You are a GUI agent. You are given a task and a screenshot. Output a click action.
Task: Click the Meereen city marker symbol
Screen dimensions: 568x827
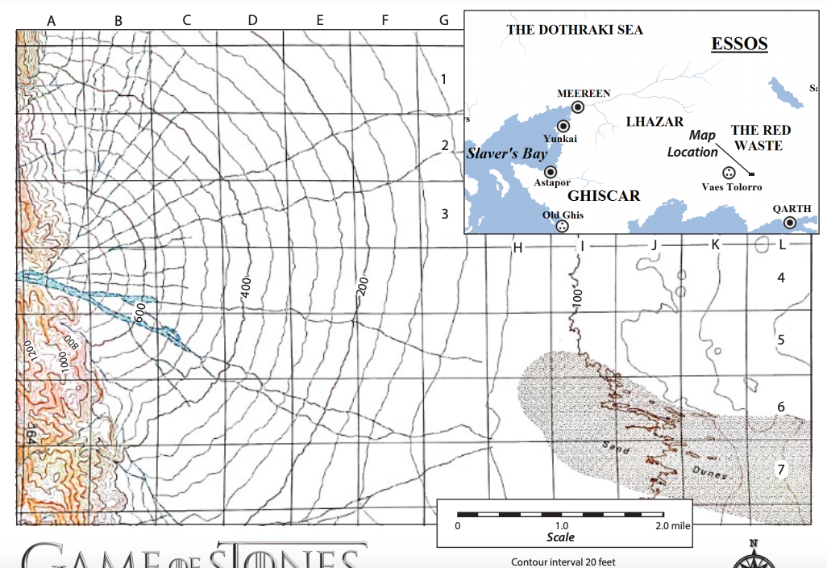[578, 106]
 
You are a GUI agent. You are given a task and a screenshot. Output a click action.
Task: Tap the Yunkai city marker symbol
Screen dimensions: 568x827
[563, 126]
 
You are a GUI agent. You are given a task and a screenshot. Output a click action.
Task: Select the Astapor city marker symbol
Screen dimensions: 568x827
[551, 172]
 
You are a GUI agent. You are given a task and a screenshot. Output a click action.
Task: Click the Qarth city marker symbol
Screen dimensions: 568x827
[790, 222]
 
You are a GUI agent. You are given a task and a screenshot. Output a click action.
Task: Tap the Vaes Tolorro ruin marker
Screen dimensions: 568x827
[729, 173]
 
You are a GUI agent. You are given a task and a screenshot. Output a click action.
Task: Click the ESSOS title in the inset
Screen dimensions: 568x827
[739, 44]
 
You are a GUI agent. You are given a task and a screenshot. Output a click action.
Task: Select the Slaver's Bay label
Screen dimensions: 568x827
[506, 153]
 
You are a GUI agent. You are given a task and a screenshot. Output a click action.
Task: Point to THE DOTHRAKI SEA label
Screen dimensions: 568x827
[575, 30]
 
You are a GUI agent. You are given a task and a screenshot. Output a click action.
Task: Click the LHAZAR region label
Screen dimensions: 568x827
[655, 121]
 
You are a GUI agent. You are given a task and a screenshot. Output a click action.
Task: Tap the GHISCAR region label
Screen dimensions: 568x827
[604, 196]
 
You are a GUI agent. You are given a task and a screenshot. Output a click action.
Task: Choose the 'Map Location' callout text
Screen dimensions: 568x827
[693, 144]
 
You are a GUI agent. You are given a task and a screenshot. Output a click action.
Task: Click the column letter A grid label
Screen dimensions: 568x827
[51, 21]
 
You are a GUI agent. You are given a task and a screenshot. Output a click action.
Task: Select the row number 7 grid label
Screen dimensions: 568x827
[780, 470]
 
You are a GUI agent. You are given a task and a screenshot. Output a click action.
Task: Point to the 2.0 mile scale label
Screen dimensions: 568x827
[672, 525]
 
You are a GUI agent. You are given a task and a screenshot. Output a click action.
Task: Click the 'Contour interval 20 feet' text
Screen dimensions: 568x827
[563, 562]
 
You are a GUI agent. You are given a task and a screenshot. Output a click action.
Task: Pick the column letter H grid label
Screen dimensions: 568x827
[518, 247]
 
